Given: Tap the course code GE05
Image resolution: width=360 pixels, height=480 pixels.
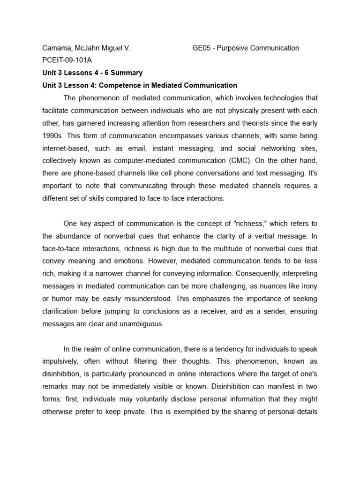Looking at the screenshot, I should pyautogui.click(x=202, y=48).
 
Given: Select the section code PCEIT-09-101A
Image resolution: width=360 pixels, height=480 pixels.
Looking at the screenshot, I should pyautogui.click(x=66, y=60).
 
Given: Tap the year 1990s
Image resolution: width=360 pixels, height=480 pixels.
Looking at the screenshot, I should pyautogui.click(x=52, y=136).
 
